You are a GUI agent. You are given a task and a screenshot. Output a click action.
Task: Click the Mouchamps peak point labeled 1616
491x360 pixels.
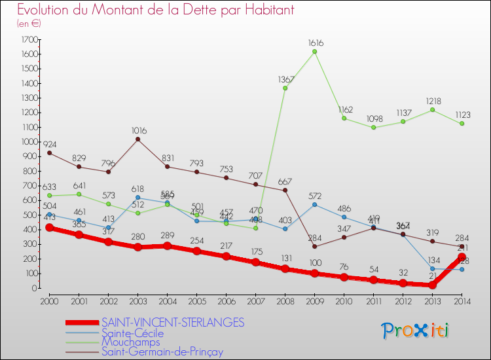pyautogui.click(x=315, y=52)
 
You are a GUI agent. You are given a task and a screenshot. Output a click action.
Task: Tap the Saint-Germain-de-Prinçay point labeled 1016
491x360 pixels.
pyautogui.click(x=137, y=139)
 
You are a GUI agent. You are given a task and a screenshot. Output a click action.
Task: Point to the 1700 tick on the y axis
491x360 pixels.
pyautogui.click(x=29, y=39)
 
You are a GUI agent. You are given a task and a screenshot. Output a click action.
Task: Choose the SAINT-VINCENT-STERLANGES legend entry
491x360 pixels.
pyautogui.click(x=173, y=322)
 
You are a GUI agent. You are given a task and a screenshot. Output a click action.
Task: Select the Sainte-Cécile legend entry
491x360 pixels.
pyautogui.click(x=132, y=333)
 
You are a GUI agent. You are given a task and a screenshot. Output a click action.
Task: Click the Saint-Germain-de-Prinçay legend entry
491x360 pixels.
pyautogui.click(x=162, y=351)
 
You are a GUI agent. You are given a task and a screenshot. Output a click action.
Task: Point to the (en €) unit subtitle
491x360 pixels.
pyautogui.click(x=29, y=23)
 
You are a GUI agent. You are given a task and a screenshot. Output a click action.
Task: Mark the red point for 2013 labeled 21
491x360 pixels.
pyautogui.click(x=433, y=285)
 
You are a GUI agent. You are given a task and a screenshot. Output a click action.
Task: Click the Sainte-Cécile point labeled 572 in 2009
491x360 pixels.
pyautogui.click(x=315, y=204)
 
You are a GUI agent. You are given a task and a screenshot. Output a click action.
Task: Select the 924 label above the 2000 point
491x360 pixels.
pyautogui.click(x=50, y=143)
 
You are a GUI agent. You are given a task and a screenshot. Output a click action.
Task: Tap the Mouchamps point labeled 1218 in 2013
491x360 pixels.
pyautogui.click(x=433, y=110)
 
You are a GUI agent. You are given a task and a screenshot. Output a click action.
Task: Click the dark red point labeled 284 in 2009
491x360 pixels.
pyautogui.click(x=315, y=246)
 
